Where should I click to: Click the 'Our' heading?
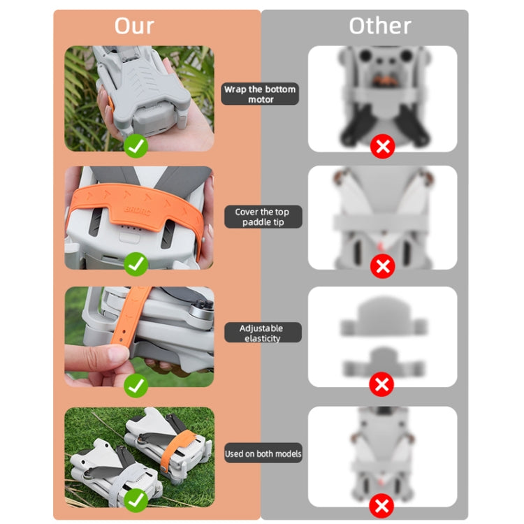[x=134, y=26]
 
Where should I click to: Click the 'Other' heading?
[x=379, y=26]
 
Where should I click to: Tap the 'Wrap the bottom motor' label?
[x=260, y=94]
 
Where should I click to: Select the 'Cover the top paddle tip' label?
[x=261, y=217]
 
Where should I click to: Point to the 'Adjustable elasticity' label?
[x=261, y=333]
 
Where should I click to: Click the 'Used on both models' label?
[x=263, y=453]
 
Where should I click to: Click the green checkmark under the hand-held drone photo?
[x=136, y=146]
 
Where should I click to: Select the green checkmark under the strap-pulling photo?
[x=136, y=385]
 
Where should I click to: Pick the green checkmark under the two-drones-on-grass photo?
[x=136, y=500]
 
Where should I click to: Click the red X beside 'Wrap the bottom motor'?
[x=382, y=146]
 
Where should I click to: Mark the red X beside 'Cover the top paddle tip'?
[x=382, y=266]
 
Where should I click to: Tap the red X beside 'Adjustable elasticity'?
[x=382, y=384]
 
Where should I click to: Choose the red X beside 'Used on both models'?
[x=382, y=505]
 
